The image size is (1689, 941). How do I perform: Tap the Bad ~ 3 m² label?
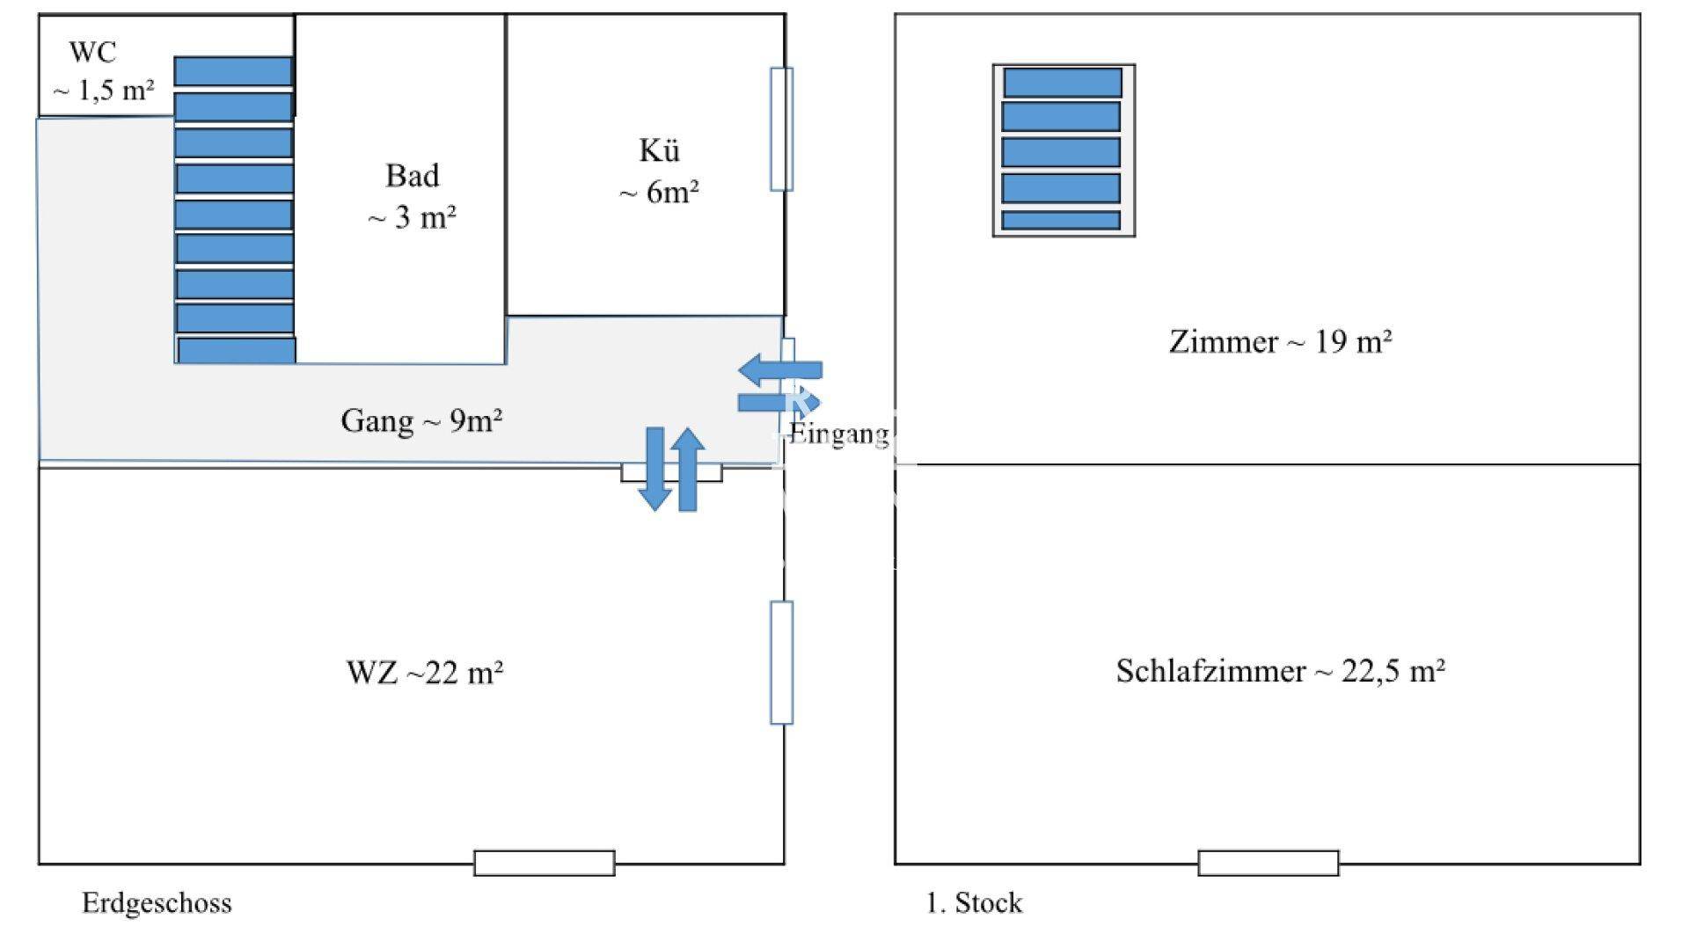point(412,196)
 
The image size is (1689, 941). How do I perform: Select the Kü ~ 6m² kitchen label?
point(659,171)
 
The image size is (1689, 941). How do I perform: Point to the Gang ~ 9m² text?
point(421,421)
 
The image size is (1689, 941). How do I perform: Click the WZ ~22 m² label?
point(425,673)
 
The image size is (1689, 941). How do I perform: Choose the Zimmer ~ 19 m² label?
point(1280,341)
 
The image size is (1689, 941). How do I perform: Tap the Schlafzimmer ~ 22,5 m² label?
point(1280,671)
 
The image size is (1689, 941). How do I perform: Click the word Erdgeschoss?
point(157,903)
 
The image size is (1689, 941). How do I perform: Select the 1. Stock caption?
point(974,903)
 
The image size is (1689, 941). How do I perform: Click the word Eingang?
point(838,434)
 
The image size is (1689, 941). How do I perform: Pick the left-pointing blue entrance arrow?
point(779,369)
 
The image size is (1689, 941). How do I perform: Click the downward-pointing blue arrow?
point(654,469)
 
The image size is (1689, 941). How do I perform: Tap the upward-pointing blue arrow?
point(687,469)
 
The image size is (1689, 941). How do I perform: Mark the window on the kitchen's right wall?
point(781,129)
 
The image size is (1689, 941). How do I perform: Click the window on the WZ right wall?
point(781,662)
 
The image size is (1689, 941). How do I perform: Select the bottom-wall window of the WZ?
point(544,863)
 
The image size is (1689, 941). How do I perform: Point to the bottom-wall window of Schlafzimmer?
point(1268,863)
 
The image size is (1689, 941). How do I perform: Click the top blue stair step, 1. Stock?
point(1063,83)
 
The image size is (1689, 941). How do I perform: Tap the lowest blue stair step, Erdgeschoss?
point(236,350)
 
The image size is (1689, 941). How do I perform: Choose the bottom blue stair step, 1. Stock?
point(1061,220)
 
